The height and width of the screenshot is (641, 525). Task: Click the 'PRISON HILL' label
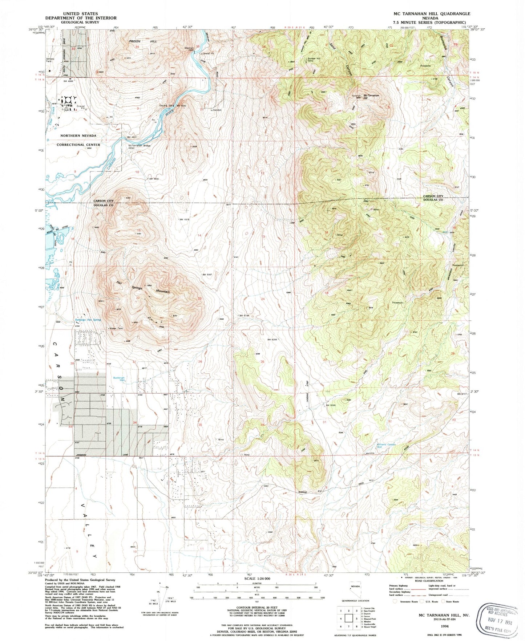tap(142, 41)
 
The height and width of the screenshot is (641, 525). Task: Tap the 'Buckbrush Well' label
tap(118, 379)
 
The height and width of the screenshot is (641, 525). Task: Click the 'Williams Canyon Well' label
tap(386, 446)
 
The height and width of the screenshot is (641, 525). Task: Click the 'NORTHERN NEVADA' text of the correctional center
tap(78, 136)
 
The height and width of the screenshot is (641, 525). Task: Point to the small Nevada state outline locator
tap(355, 591)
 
